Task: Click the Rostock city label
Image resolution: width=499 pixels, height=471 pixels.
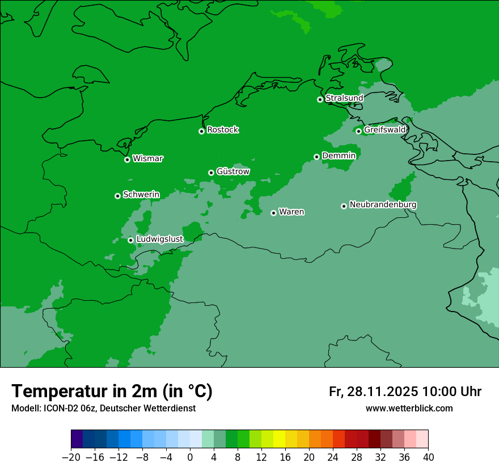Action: point(222,130)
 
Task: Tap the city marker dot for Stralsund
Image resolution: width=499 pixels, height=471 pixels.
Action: point(320,99)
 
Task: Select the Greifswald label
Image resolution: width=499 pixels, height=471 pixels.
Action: point(384,130)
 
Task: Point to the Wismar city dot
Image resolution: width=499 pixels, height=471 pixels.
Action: point(127,159)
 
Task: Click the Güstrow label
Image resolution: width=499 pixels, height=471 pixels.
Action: point(232,171)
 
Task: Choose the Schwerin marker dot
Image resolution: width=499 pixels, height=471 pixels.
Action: point(117,196)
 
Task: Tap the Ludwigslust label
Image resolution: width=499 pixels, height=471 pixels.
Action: point(159,239)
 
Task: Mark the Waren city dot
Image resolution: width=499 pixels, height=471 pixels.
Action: point(273,213)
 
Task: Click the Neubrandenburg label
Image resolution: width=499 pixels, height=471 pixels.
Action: point(383,205)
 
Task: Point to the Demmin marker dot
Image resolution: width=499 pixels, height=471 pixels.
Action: point(316,157)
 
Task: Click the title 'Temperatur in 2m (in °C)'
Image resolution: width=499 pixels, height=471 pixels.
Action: point(112,391)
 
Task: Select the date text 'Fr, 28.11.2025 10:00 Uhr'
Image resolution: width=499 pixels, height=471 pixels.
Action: point(405,392)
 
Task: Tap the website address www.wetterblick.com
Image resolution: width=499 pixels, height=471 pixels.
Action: point(409,408)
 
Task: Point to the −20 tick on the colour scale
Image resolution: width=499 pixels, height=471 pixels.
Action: point(71,457)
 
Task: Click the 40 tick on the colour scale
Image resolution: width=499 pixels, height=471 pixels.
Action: point(428,457)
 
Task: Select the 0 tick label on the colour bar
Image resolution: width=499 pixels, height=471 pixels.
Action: point(190,457)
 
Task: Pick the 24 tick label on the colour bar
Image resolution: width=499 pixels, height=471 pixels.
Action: point(333,457)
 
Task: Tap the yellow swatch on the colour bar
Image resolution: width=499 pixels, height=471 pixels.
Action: point(279,439)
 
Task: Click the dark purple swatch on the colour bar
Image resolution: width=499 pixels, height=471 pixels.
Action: point(77,439)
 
